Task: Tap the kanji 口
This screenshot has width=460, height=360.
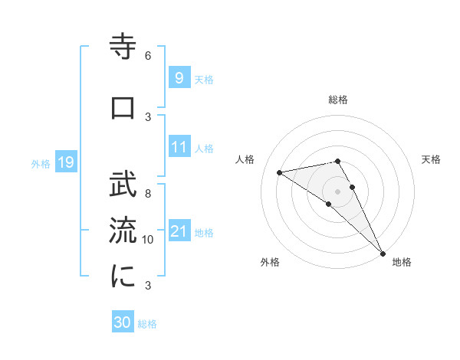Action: click(123, 108)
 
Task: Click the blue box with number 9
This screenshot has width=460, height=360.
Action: click(178, 78)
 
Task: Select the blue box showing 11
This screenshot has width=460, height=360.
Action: click(179, 147)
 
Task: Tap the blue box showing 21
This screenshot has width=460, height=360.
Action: click(179, 231)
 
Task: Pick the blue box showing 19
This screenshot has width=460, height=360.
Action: click(65, 162)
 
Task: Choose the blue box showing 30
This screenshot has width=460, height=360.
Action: click(123, 323)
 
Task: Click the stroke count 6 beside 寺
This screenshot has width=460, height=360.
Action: click(148, 56)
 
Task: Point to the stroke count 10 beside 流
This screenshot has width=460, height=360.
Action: click(148, 240)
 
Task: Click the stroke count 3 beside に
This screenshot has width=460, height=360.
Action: click(148, 286)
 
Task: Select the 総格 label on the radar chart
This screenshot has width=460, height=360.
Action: click(338, 100)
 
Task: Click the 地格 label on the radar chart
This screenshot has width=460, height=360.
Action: click(402, 262)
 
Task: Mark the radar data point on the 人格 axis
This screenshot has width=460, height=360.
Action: click(280, 172)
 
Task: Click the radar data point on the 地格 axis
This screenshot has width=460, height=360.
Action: click(383, 253)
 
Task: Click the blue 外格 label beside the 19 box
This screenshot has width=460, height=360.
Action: click(40, 163)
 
